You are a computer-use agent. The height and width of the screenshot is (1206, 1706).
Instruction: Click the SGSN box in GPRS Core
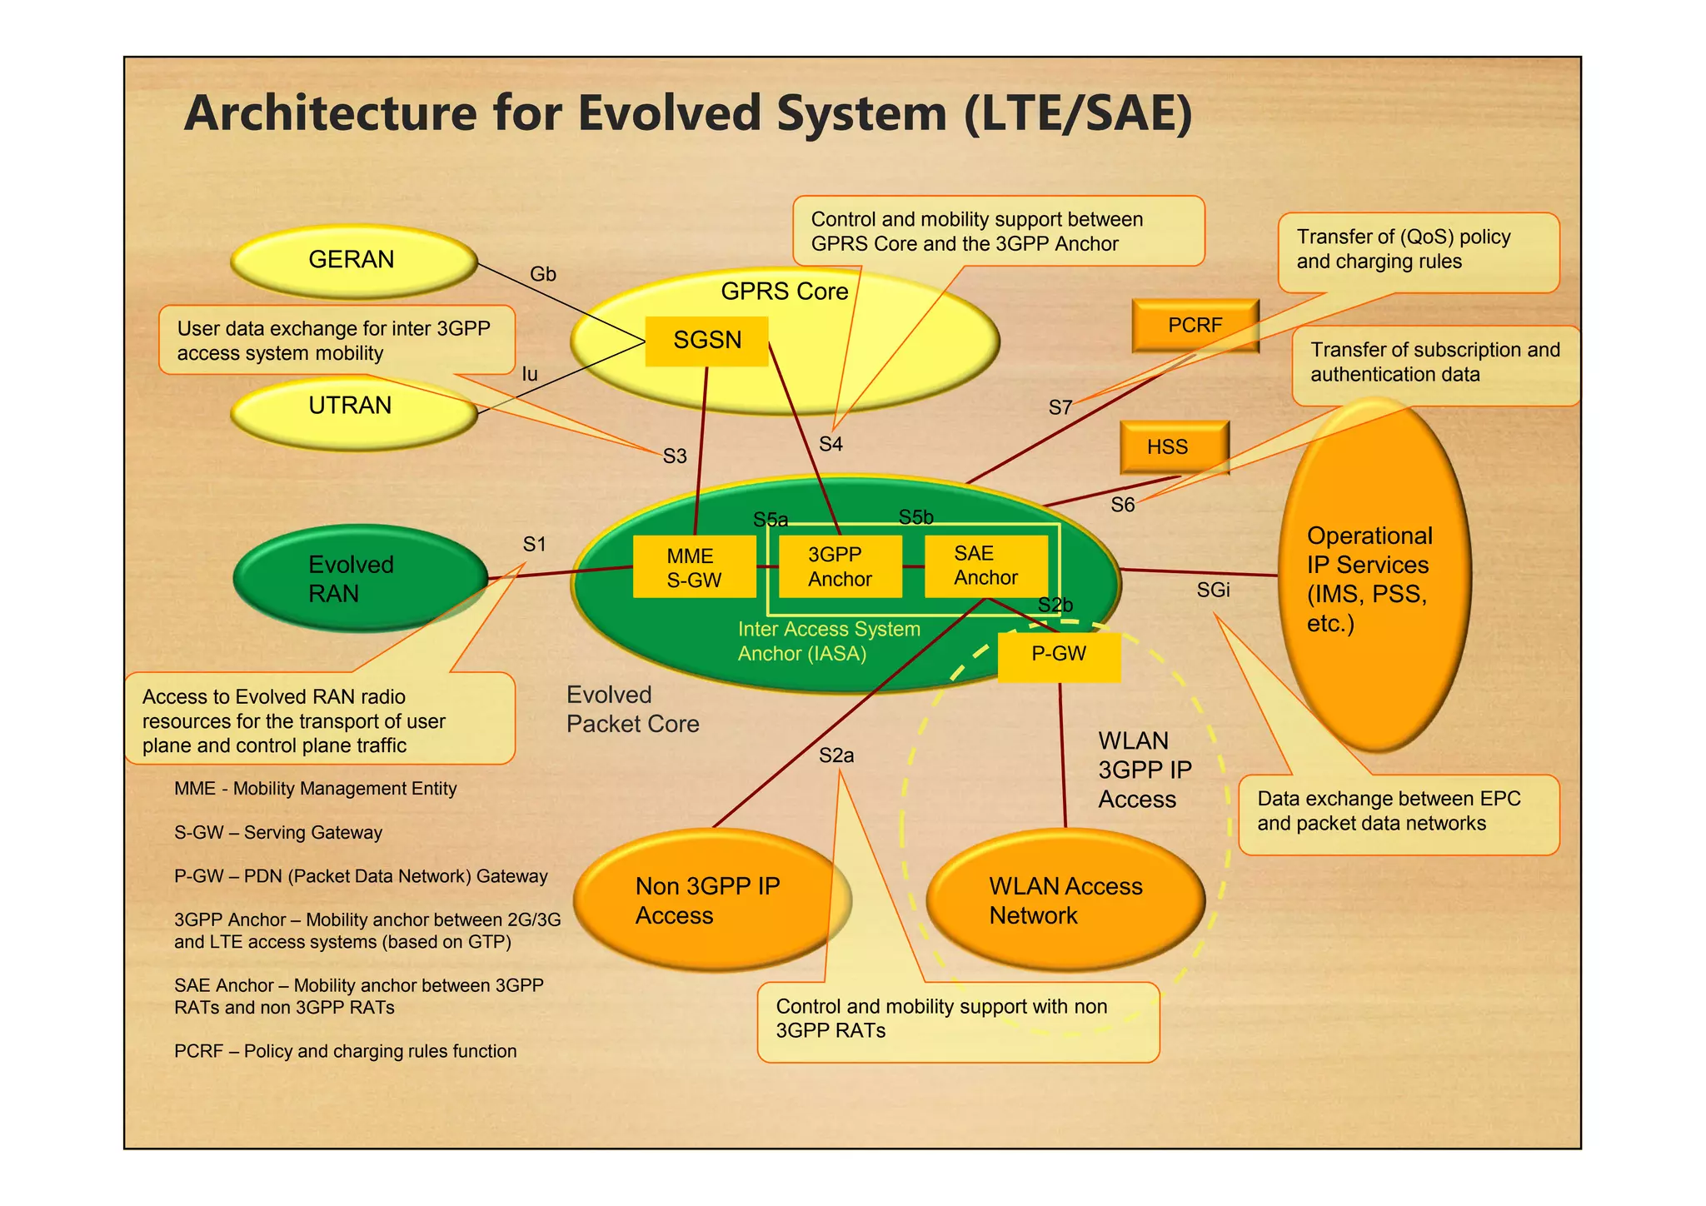click(706, 341)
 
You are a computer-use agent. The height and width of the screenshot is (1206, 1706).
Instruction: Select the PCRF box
click(1195, 326)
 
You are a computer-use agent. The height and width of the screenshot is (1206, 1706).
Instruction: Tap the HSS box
click(1173, 447)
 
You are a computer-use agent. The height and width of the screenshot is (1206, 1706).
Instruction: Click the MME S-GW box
click(694, 567)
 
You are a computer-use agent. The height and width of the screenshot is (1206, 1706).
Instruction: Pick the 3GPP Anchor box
click(840, 566)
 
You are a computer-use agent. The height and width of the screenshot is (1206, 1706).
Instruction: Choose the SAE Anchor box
click(985, 566)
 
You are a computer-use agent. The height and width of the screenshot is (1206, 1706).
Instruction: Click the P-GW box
click(1058, 655)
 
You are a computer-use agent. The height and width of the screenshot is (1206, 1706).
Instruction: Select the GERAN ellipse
click(352, 261)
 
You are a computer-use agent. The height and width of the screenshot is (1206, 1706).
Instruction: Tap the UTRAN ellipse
click(352, 411)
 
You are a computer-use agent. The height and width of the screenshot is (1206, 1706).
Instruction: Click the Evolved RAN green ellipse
click(358, 578)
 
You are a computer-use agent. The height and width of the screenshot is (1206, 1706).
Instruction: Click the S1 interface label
click(534, 545)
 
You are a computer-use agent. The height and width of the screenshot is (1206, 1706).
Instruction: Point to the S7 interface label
click(1060, 408)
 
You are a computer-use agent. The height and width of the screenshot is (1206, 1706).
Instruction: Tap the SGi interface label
click(1213, 591)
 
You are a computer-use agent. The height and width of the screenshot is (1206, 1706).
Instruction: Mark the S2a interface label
click(836, 755)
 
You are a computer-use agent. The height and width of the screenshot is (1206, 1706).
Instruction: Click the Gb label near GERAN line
click(542, 274)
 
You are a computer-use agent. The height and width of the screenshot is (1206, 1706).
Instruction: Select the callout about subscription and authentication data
click(1434, 363)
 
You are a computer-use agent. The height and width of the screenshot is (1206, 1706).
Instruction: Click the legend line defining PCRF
click(345, 1051)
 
